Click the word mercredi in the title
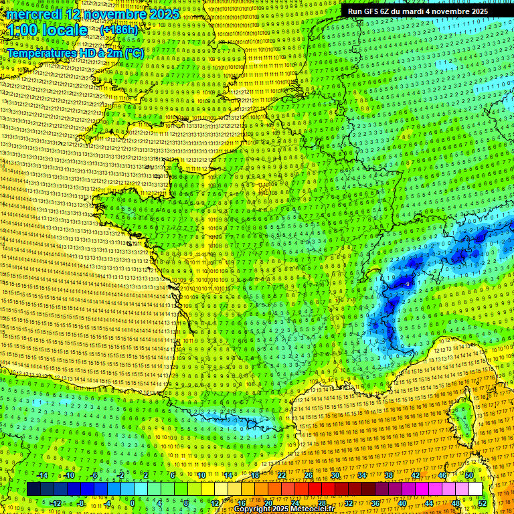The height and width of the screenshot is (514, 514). [33, 13]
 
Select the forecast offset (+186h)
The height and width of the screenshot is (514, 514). [119, 30]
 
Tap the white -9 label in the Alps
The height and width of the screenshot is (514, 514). [408, 284]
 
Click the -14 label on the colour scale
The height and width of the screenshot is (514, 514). [41, 475]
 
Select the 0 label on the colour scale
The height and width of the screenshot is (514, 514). [133, 503]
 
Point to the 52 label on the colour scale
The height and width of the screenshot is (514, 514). [482, 503]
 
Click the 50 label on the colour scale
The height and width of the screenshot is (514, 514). [468, 475]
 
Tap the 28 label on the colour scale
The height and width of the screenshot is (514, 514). [321, 503]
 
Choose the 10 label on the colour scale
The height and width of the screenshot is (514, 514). [201, 475]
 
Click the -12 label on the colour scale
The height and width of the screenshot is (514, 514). [55, 503]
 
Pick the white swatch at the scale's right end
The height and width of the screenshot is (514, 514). [475, 489]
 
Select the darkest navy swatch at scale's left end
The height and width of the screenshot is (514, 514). [33, 489]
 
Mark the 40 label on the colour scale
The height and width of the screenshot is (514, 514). [402, 503]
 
